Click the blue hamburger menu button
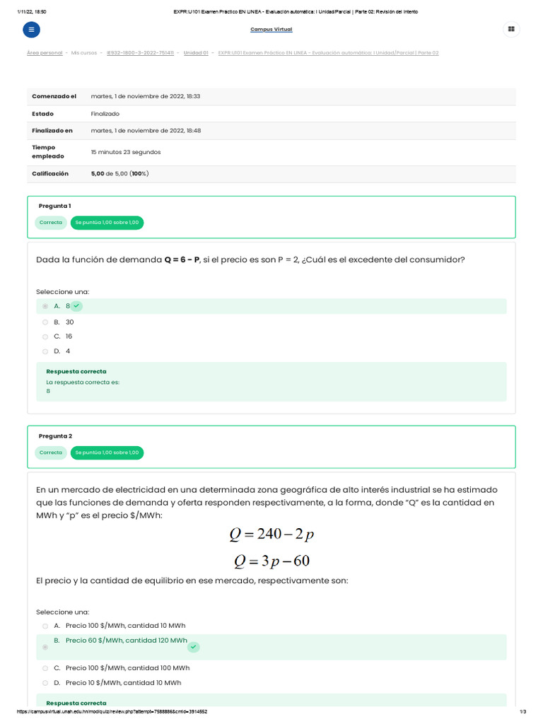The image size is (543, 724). [32, 30]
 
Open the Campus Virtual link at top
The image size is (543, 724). [271, 30]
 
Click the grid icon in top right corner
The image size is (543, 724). [510, 30]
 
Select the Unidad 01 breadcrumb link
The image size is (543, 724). [196, 53]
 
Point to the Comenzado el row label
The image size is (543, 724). [54, 96]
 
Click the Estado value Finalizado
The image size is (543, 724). [105, 114]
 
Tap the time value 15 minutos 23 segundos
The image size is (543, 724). [125, 152]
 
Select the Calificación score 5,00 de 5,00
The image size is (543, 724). [119, 173]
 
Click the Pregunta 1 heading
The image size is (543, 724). [54, 206]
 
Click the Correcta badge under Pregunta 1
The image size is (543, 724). [51, 222]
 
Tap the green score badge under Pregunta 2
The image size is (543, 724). [107, 452]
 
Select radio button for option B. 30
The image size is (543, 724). [45, 322]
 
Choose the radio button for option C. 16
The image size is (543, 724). [45, 337]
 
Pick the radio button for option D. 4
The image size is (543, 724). [45, 351]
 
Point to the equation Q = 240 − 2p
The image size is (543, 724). [271, 535]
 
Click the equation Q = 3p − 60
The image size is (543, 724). [271, 561]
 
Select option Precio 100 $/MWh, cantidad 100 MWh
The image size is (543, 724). [127, 668]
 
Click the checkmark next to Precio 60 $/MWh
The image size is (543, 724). [194, 647]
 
